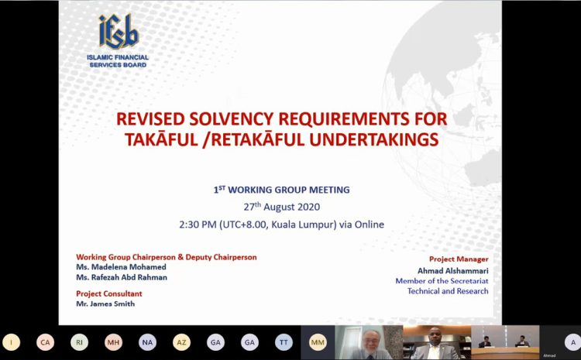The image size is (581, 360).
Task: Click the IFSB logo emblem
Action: click(x=119, y=31)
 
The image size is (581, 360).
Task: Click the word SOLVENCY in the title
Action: click(x=231, y=119)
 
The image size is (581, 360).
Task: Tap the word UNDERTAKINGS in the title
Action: click(x=374, y=140)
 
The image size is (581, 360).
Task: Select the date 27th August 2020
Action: click(x=282, y=206)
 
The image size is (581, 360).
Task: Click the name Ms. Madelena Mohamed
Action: click(x=121, y=267)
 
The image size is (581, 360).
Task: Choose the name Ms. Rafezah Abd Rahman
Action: click(x=122, y=277)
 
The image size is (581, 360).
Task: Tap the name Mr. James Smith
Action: click(x=105, y=303)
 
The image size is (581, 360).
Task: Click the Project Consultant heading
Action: click(x=109, y=293)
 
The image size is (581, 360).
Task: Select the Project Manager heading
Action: click(x=459, y=259)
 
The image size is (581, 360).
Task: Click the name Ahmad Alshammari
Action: click(x=453, y=271)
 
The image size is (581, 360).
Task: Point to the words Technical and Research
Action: click(x=448, y=291)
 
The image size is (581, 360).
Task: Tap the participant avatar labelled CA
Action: click(x=45, y=343)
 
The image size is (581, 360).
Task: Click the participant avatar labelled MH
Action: click(x=113, y=343)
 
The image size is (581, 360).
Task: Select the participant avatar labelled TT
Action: click(x=284, y=343)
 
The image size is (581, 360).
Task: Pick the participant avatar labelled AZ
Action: click(x=181, y=343)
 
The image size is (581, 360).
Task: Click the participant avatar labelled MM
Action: click(x=318, y=343)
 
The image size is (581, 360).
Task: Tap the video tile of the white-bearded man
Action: click(x=369, y=343)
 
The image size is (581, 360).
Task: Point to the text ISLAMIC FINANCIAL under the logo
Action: click(x=118, y=57)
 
